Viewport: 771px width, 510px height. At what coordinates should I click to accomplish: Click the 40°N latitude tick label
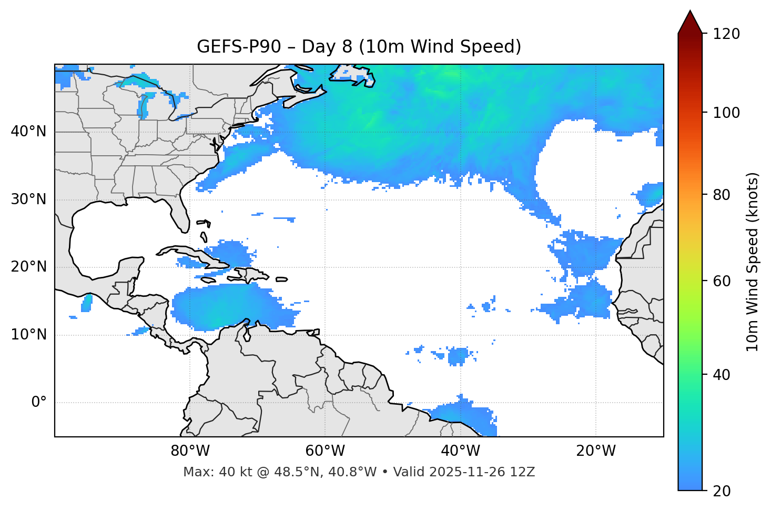coord(28,132)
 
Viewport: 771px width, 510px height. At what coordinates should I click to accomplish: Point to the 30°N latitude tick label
coord(28,199)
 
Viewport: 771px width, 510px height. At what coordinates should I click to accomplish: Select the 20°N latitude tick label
coord(28,267)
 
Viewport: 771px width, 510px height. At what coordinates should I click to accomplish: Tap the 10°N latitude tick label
coord(28,335)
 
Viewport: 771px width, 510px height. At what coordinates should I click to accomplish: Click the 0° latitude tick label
coord(39,403)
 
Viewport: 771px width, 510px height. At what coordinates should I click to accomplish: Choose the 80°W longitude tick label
coord(190,451)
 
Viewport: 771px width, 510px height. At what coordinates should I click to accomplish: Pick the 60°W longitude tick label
coord(325,451)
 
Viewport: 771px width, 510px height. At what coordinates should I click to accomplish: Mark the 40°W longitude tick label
coord(460,451)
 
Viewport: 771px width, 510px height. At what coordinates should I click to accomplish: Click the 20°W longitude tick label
coord(595,451)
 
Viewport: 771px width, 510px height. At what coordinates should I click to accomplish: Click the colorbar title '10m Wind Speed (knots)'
coord(753,262)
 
